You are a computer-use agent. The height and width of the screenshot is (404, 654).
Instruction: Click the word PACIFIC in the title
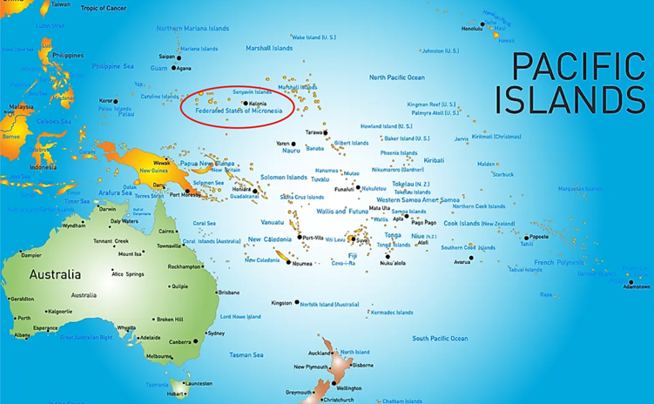coord(577,67)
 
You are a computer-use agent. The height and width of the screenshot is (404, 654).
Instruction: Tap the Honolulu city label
coord(472,29)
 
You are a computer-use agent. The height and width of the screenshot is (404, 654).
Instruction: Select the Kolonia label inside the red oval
coord(258,104)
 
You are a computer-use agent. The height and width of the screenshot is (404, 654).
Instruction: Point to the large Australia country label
coord(56,274)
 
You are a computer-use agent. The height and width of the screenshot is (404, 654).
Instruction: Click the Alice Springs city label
coord(129,274)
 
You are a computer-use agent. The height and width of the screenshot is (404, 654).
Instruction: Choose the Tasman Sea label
coord(246,354)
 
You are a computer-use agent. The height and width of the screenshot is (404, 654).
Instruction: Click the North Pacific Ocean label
coord(396,77)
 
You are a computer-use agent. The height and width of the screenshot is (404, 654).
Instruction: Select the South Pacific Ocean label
coord(440,338)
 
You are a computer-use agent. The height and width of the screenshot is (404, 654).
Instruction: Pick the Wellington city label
coord(348,388)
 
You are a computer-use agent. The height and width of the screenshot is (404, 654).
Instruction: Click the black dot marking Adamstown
coord(631,281)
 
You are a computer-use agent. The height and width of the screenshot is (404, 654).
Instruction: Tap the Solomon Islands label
coord(284,178)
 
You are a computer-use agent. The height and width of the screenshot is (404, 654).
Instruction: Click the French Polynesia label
coord(559,262)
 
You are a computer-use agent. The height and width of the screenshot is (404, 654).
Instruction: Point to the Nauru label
coord(291,151)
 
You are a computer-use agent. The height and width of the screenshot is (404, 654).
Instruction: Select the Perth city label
coord(24,319)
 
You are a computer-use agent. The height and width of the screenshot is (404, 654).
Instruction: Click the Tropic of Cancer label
coord(104,8)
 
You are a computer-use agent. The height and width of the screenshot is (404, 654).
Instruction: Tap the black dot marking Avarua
coord(471,258)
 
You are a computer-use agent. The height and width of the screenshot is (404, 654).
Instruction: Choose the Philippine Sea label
coord(112,66)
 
